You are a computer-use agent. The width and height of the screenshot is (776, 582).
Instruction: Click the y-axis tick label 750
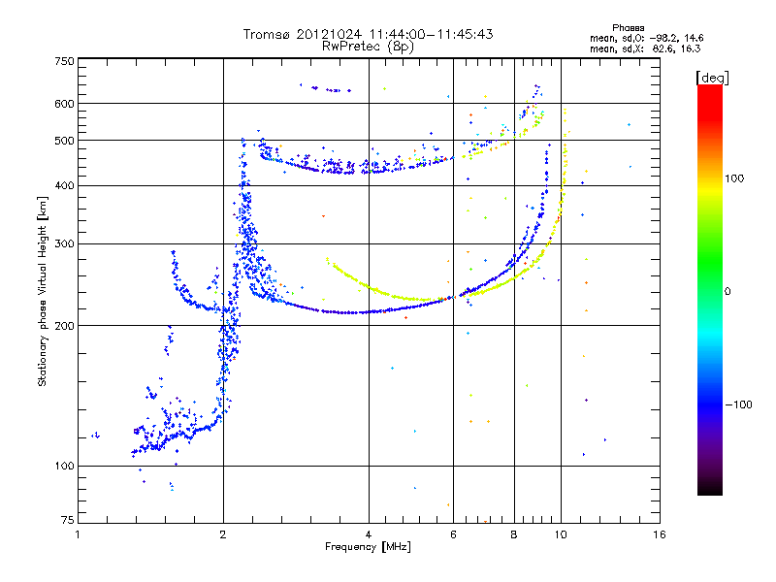click(64, 60)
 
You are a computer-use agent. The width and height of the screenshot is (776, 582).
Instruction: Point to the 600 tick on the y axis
click(64, 104)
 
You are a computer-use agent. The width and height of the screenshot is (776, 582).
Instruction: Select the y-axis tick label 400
click(64, 185)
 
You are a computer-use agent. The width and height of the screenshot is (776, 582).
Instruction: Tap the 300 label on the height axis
click(64, 243)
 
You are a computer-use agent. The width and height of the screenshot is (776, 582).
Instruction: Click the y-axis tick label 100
click(64, 467)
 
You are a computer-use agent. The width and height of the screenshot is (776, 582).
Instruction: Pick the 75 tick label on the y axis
click(67, 521)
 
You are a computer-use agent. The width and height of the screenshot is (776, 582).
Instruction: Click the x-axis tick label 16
click(659, 534)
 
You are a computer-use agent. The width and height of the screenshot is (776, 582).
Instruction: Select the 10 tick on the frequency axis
click(560, 534)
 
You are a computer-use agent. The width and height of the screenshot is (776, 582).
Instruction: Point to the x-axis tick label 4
click(369, 534)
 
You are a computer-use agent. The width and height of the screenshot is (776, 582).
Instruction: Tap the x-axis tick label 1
click(78, 534)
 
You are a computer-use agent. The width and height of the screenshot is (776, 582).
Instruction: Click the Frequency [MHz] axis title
click(369, 547)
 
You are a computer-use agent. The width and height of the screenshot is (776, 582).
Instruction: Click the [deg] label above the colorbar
click(711, 77)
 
